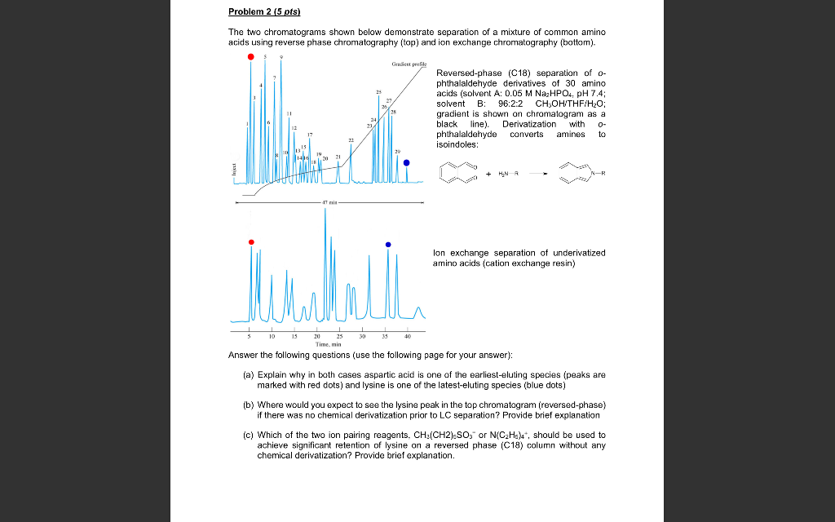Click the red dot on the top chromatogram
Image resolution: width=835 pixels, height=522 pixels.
click(x=251, y=57)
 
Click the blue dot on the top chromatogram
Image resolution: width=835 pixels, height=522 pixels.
click(x=407, y=162)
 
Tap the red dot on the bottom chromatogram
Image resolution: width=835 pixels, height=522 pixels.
click(x=251, y=242)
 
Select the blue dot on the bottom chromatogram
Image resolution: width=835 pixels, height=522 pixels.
click(x=388, y=245)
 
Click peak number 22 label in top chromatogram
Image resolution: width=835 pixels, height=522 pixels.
click(x=351, y=140)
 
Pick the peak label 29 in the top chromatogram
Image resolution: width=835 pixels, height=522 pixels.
click(x=397, y=151)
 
